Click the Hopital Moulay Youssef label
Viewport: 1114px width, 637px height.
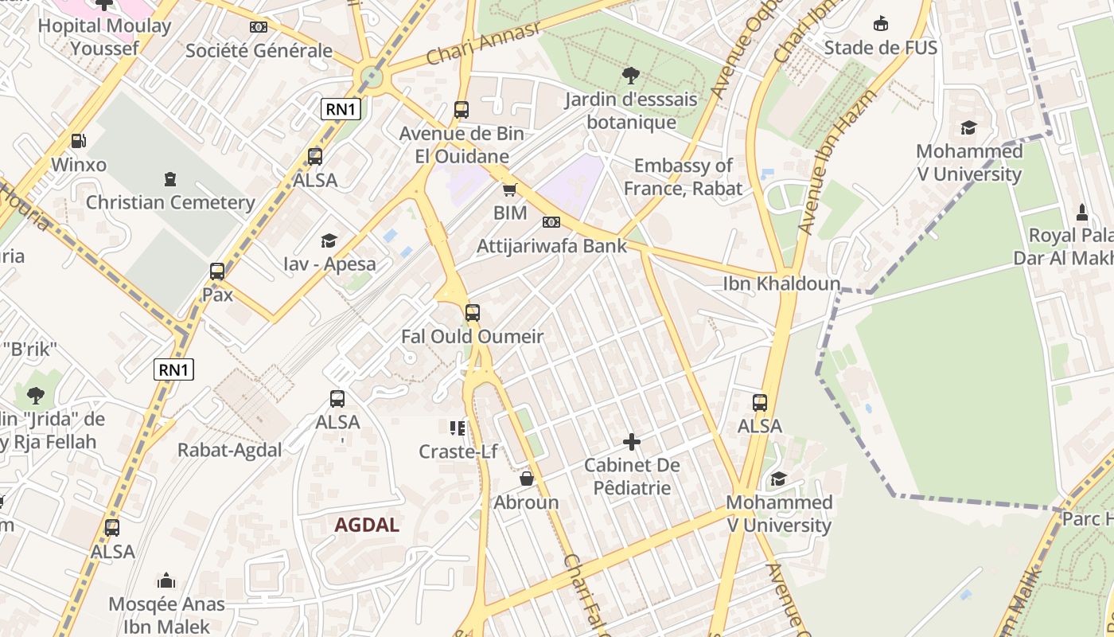point(104,37)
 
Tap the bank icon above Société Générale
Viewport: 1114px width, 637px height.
point(259,27)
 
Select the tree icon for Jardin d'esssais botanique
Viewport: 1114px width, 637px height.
point(630,76)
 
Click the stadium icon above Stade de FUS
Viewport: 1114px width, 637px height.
point(880,24)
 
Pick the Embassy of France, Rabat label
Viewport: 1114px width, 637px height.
point(682,177)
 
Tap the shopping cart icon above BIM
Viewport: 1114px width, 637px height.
point(509,190)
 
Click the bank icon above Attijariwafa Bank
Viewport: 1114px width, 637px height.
point(551,222)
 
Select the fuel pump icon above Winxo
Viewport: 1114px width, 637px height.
point(78,141)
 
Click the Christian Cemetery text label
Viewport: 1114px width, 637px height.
point(170,202)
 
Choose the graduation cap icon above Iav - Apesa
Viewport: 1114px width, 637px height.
point(329,240)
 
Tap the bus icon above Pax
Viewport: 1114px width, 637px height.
point(217,271)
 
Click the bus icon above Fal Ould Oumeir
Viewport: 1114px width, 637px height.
point(473,313)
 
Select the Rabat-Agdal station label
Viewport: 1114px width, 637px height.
point(229,450)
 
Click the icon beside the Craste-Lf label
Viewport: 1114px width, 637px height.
point(458,428)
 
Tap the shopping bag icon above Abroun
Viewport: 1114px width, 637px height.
point(526,479)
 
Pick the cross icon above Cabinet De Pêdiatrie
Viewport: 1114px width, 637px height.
point(632,441)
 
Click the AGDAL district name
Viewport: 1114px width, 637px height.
point(367,525)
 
